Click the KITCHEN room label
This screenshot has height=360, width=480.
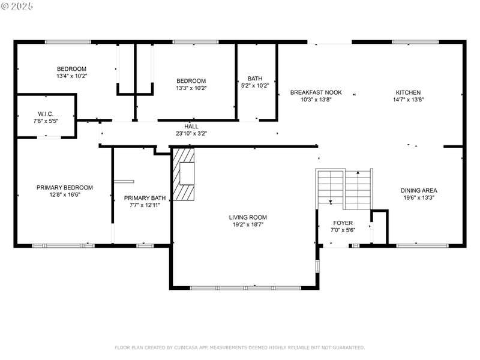click(x=408, y=92)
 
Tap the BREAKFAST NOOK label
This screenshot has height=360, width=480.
click(x=316, y=92)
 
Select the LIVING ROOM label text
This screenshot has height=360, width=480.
click(x=248, y=217)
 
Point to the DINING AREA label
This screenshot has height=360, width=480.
click(x=419, y=190)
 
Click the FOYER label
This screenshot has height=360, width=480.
click(x=343, y=223)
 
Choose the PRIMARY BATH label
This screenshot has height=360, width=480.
click(x=145, y=198)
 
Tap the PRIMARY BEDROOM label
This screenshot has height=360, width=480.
click(x=65, y=188)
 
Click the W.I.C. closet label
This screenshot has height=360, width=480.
click(x=46, y=114)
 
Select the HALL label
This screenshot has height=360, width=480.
click(x=191, y=127)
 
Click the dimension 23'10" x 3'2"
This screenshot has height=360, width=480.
click(x=191, y=133)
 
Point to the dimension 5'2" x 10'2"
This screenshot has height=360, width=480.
click(x=255, y=86)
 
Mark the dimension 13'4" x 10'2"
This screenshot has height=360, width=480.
click(x=71, y=76)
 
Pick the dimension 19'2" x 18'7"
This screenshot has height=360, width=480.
click(x=248, y=224)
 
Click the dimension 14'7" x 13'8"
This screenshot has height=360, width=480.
click(x=409, y=100)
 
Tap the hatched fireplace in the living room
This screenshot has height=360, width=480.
click(x=184, y=174)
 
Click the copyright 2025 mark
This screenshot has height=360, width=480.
click(x=17, y=6)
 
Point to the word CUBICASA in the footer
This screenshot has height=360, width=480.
click(x=187, y=347)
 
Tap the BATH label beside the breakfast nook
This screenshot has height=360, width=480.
click(x=255, y=79)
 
